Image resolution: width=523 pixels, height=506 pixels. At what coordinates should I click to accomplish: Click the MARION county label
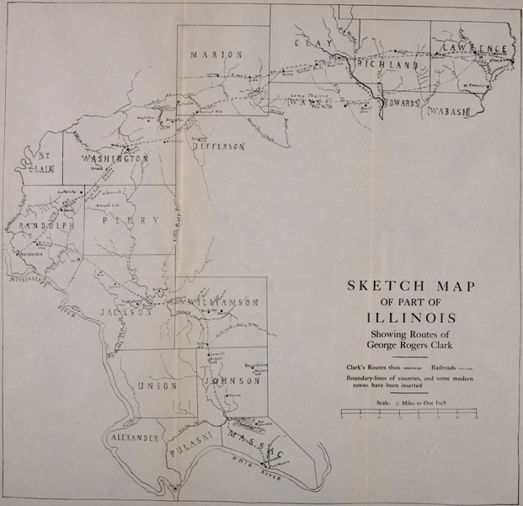216,55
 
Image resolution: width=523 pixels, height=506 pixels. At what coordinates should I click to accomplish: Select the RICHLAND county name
388,64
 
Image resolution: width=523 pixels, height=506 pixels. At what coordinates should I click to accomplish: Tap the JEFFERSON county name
219,146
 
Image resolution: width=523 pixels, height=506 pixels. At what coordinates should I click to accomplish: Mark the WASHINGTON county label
115,159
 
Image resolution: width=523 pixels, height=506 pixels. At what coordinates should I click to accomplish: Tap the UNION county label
155,385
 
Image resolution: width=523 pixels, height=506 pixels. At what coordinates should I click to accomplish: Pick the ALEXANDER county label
132,439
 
